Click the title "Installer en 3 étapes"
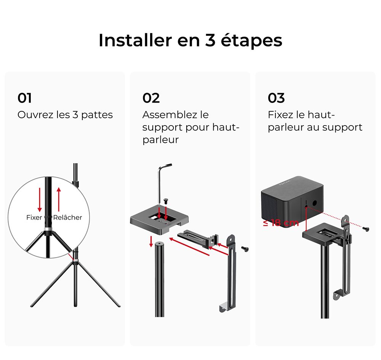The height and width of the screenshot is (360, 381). click(x=190, y=40)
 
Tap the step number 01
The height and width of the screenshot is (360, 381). click(x=25, y=98)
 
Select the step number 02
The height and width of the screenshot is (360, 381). click(x=151, y=98)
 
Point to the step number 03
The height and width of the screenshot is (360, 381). click(x=276, y=98)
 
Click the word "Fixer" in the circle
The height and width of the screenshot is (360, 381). click(x=34, y=217)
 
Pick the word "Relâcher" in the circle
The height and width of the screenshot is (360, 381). click(x=67, y=217)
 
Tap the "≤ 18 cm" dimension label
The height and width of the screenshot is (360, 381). click(x=281, y=223)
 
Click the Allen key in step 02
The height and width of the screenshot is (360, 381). click(x=162, y=179)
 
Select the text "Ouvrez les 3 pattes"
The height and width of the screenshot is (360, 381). click(x=65, y=115)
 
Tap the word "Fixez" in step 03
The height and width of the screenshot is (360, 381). click(x=281, y=115)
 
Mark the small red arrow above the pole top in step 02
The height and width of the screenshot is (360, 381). click(x=152, y=241)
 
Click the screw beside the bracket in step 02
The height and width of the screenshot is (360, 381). click(x=245, y=249)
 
